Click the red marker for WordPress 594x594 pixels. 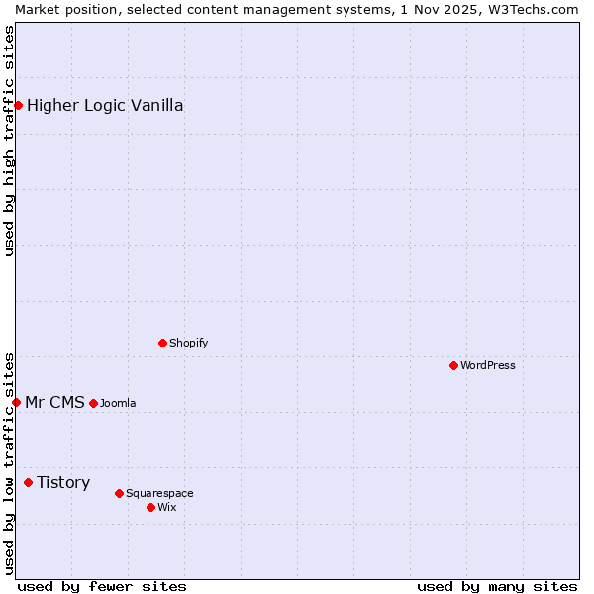click(453, 365)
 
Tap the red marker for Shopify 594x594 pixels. click(162, 343)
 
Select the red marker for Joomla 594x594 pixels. click(93, 403)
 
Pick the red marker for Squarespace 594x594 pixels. click(119, 493)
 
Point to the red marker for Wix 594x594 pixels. click(150, 507)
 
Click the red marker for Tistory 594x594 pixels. click(28, 482)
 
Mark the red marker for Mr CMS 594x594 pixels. click(16, 402)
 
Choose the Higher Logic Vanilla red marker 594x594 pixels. click(18, 105)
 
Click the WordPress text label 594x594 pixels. click(488, 365)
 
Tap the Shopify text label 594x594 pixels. click(189, 343)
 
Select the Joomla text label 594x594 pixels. click(118, 403)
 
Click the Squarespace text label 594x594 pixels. click(159, 493)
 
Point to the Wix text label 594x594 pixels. click(167, 507)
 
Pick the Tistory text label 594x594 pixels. click(63, 482)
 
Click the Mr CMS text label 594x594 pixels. click(54, 402)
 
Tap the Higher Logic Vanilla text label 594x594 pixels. click(105, 105)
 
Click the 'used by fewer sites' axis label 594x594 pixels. click(102, 586)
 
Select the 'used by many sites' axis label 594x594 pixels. click(497, 586)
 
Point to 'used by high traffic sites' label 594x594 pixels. click(9, 141)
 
